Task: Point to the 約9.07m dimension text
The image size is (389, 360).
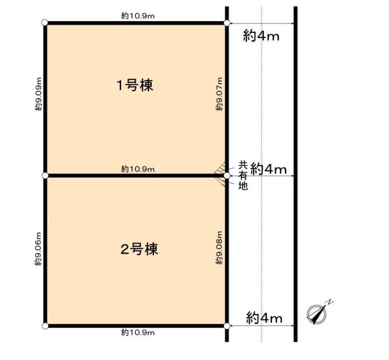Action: point(219,94)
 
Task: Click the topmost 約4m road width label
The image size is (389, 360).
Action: point(261,36)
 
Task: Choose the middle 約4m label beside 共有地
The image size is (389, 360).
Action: point(269,169)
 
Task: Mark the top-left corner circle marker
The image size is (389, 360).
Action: point(45,23)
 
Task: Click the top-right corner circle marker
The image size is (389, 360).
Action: point(226,23)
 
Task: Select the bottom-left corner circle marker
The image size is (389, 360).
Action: point(45,326)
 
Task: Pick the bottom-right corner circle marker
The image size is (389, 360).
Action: point(226,326)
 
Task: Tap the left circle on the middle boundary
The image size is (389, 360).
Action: point(45,176)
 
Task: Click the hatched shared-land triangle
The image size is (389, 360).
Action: point(220,174)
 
